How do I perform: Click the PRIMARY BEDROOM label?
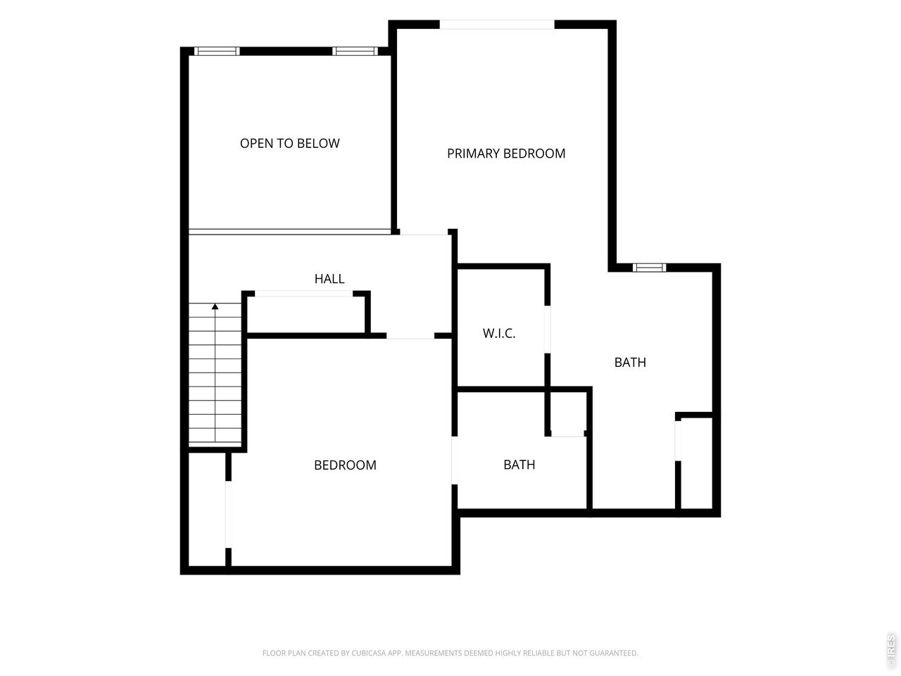505,154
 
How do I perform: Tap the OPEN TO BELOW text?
290,143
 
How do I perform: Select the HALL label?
329,279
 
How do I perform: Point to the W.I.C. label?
499,333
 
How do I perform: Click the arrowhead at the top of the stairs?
215,306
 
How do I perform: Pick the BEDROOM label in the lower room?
345,465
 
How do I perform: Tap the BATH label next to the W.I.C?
630,363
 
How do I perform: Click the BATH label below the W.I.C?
519,465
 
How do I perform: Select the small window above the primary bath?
649,268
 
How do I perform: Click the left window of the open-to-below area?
217,51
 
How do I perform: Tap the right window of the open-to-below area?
355,51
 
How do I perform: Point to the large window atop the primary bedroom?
497,24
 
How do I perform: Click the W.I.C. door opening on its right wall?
547,329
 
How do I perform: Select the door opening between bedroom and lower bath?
455,460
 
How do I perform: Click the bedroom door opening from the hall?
410,336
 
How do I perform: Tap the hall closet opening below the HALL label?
304,294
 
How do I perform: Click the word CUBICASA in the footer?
368,653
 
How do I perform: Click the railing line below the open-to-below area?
290,232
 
